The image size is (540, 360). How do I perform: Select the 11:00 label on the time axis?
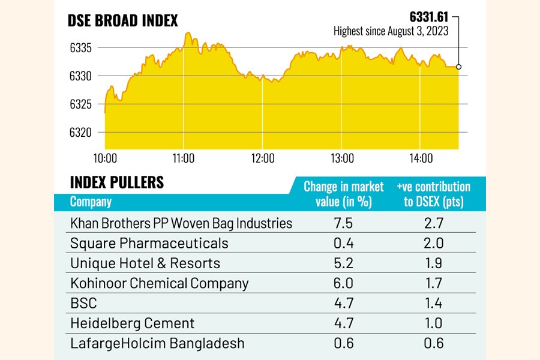pyautogui.click(x=184, y=159)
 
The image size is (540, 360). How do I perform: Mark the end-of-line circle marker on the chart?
pyautogui.click(x=459, y=67)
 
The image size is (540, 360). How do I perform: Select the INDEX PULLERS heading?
pyautogui.click(x=117, y=182)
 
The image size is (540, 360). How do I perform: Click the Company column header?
pyautogui.click(x=91, y=202)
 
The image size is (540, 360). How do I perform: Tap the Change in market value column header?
pyautogui.click(x=344, y=194)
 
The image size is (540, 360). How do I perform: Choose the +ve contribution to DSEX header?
pyautogui.click(x=433, y=194)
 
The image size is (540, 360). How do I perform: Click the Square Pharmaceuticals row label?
pyautogui.click(x=149, y=243)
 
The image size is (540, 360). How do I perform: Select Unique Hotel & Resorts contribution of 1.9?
pyautogui.click(x=433, y=263)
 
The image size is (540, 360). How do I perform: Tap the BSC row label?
pyautogui.click(x=83, y=303)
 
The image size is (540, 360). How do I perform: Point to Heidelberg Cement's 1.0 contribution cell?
pyautogui.click(x=433, y=323)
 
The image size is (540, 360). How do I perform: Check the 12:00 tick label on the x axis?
pyautogui.click(x=263, y=159)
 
